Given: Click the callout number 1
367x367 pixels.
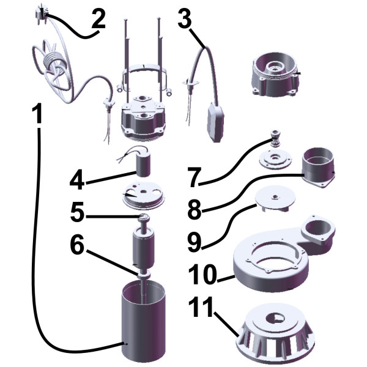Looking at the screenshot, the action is (x=37, y=114).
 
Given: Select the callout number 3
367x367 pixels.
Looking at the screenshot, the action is (x=185, y=18).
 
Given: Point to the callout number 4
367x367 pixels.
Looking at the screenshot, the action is (x=77, y=179).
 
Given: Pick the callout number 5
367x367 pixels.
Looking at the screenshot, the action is (x=77, y=212).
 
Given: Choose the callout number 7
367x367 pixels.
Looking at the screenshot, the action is (x=196, y=177).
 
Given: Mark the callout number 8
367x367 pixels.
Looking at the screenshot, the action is (x=195, y=210).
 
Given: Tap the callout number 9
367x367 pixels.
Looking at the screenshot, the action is (x=195, y=242).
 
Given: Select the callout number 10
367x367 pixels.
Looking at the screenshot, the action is (x=202, y=274).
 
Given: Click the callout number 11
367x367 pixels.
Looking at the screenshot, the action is (x=201, y=307).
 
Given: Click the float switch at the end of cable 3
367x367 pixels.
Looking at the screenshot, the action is (x=215, y=122).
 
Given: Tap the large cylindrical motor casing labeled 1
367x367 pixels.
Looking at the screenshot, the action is (x=143, y=323).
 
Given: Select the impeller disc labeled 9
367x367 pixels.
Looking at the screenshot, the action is (x=276, y=198).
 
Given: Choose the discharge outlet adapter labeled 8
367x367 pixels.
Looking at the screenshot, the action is (x=319, y=167).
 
